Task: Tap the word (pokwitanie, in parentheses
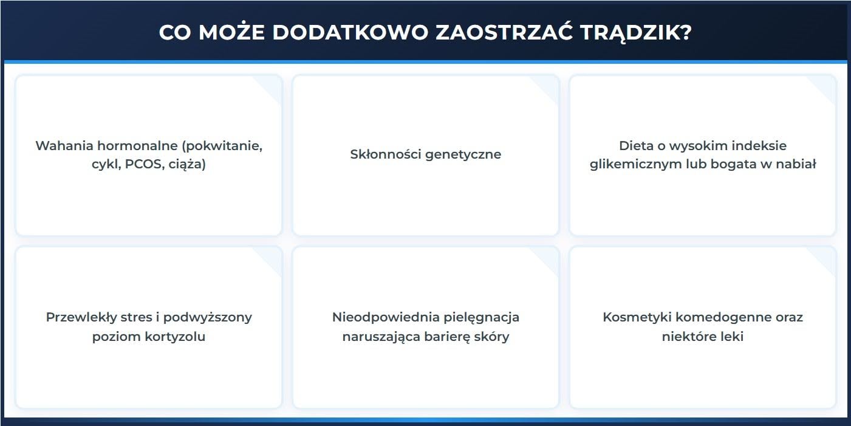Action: point(224,146)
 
